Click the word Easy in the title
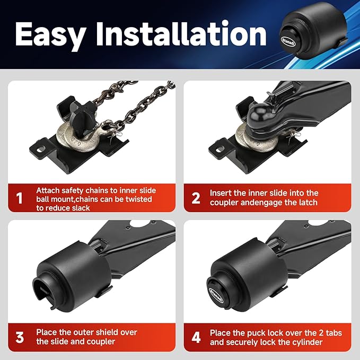coord(50,36)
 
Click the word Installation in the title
coord(181,33)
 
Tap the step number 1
coord(20,198)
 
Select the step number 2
coord(196,198)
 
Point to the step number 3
coord(20,338)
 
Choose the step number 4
coord(196,338)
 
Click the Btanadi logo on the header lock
coord(288,41)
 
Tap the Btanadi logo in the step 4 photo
coord(216,295)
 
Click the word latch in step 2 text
coord(307,203)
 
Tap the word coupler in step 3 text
coord(100,342)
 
